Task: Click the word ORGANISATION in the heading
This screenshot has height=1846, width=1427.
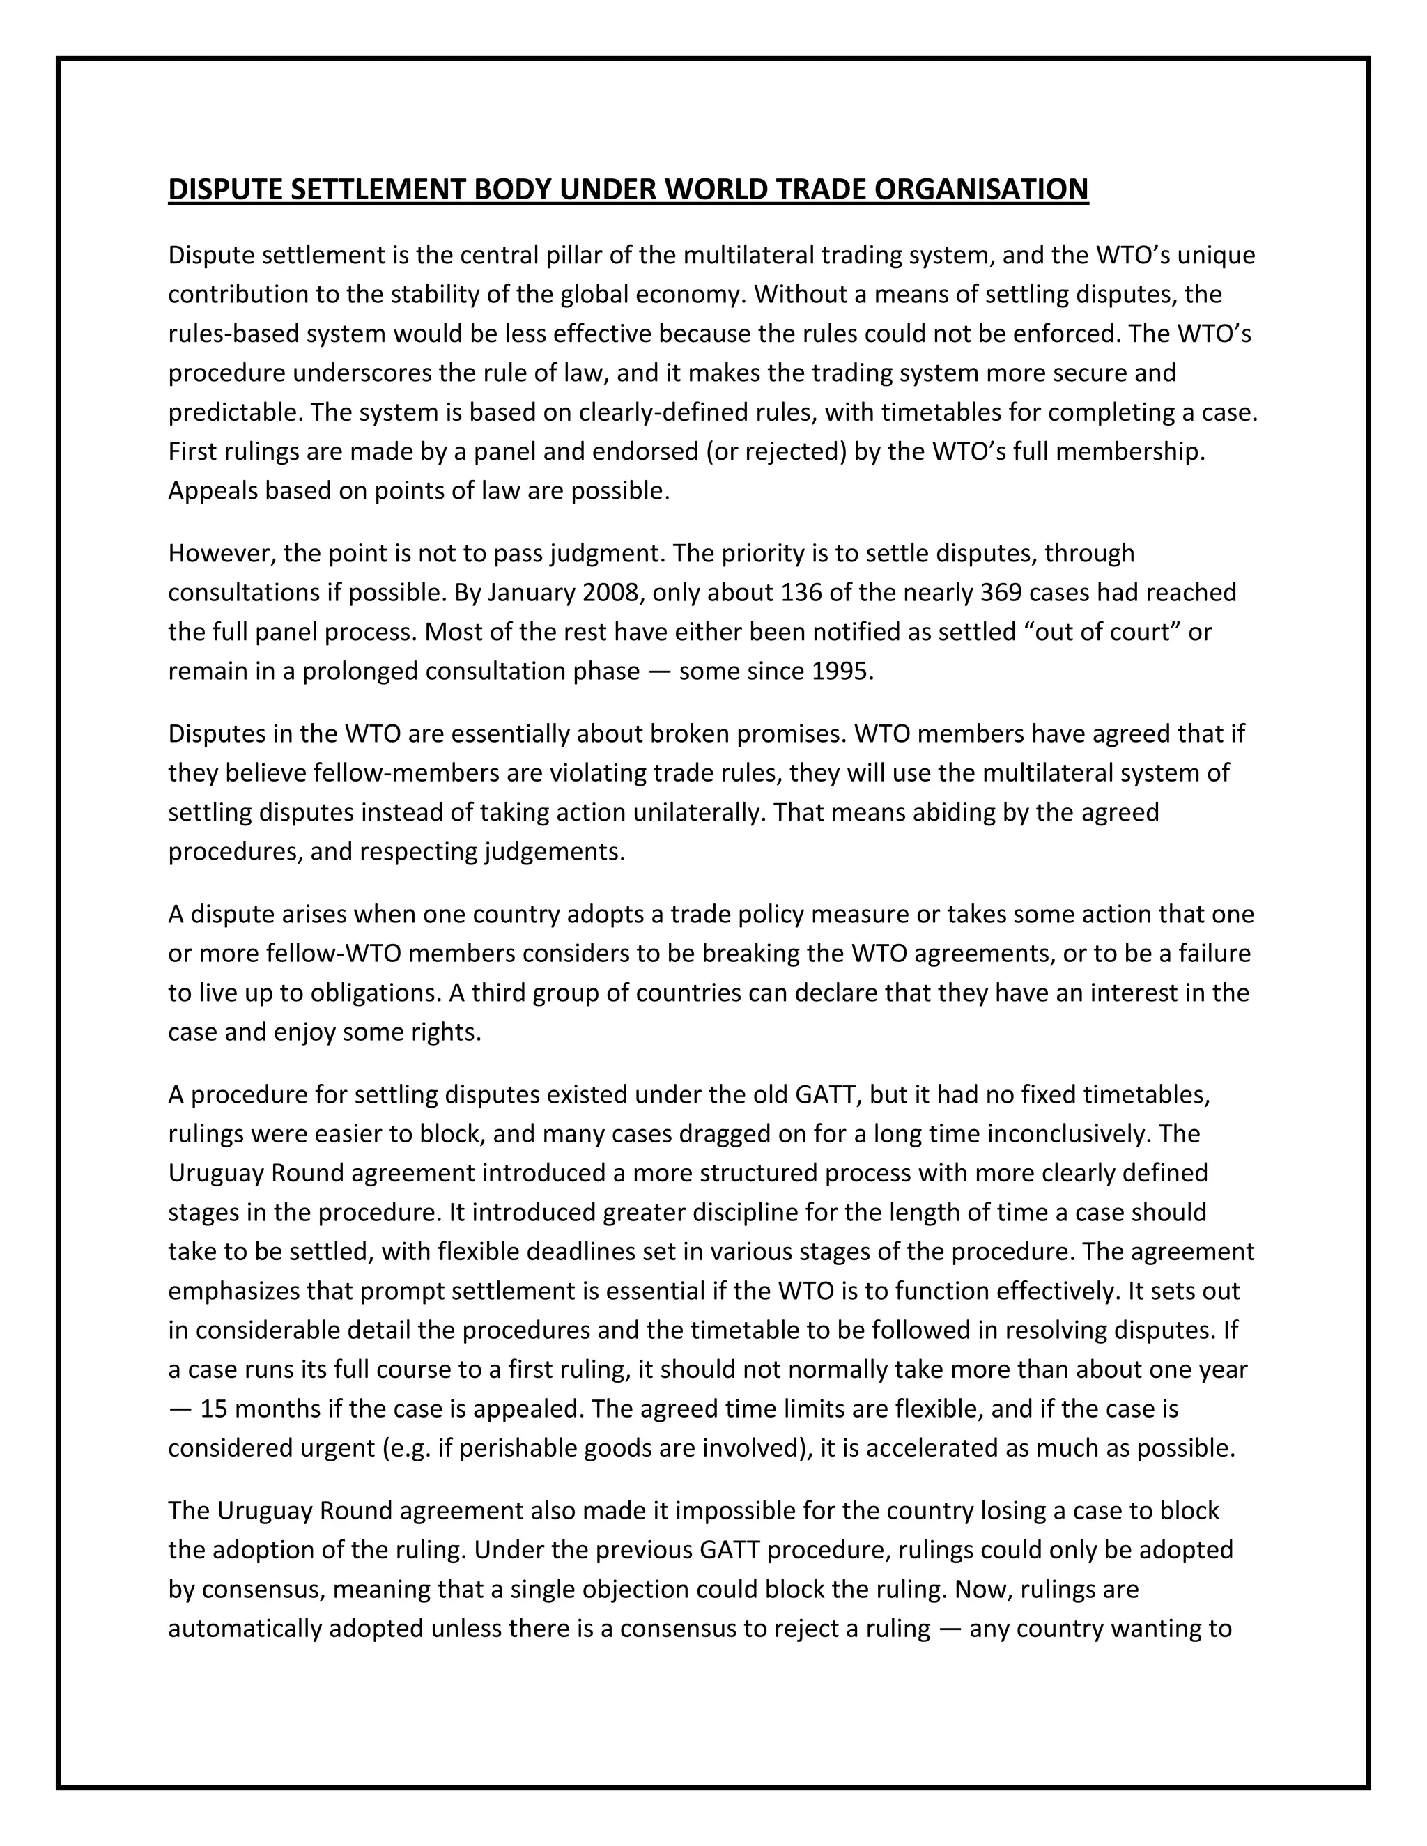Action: tap(980, 189)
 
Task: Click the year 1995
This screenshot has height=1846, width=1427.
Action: tap(841, 671)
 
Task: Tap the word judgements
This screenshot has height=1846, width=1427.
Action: tap(554, 851)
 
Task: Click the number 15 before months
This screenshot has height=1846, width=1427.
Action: tap(214, 1409)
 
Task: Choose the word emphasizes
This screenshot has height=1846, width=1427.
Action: tap(235, 1291)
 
